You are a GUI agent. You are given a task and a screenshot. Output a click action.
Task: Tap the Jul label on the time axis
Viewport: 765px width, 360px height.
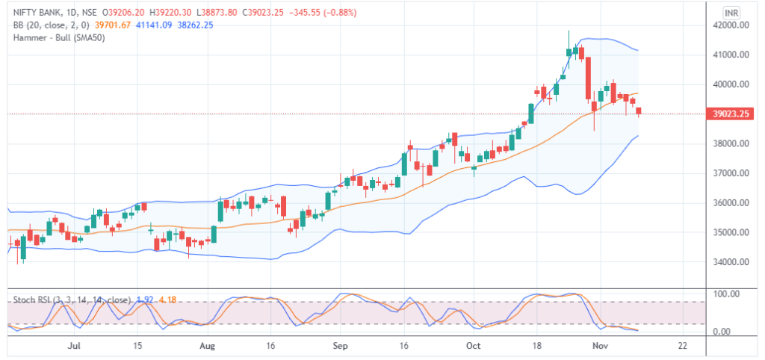tap(74, 347)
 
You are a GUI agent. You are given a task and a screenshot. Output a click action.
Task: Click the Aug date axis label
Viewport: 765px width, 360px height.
tap(208, 347)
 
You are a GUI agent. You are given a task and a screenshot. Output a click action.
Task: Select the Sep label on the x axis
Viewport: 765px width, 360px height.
tap(341, 347)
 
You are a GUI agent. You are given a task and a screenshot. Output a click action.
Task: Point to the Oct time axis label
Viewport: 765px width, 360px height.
tap(472, 347)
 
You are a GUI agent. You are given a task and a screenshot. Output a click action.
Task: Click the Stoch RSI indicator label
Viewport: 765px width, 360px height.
tap(30, 300)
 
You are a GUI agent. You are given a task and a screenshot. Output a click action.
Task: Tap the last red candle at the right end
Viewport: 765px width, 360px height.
tap(639, 111)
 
